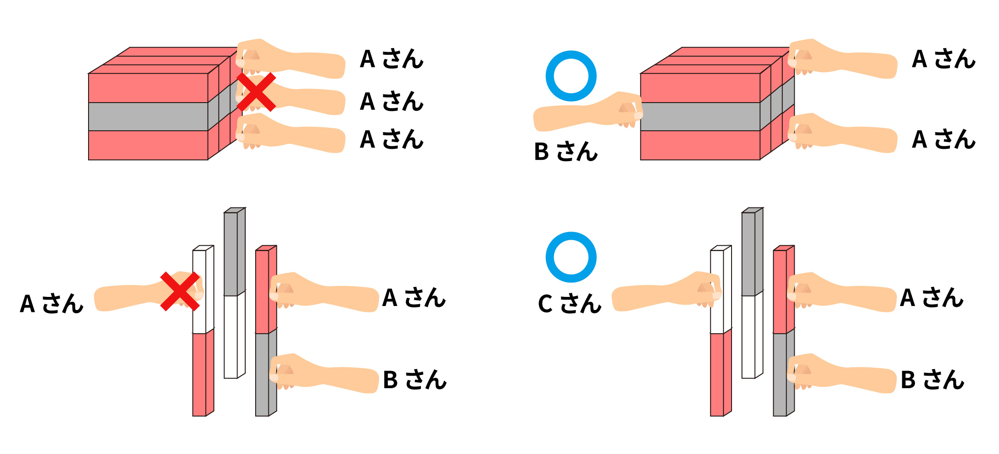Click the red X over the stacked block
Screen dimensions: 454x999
(x=256, y=92)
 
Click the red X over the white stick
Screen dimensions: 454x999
(x=180, y=291)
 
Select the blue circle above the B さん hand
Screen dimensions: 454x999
(x=571, y=76)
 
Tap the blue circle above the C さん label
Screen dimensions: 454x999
(x=571, y=257)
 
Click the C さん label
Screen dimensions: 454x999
(x=569, y=304)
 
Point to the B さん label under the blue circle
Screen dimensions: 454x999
(x=565, y=152)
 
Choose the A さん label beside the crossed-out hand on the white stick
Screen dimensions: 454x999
(x=51, y=304)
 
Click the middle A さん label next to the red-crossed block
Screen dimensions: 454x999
(x=391, y=101)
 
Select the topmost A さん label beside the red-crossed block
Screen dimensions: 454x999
(x=391, y=59)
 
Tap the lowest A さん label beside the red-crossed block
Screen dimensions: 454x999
(x=391, y=139)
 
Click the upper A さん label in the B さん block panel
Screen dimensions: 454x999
(x=944, y=59)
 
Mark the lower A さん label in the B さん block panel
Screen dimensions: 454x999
(x=944, y=139)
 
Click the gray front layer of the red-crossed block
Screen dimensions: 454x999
(x=148, y=117)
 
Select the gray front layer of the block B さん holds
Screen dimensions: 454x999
(x=700, y=117)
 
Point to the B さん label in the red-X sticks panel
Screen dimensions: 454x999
(x=415, y=380)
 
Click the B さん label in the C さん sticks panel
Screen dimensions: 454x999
(x=932, y=380)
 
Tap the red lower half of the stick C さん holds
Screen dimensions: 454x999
(x=717, y=375)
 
